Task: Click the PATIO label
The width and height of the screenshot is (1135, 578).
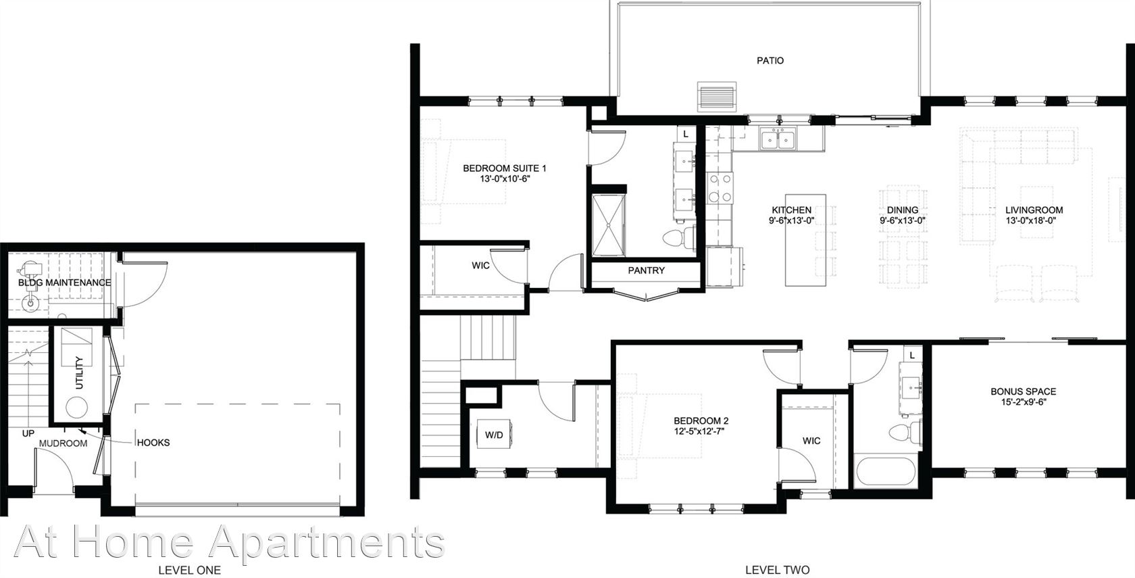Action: tap(770, 61)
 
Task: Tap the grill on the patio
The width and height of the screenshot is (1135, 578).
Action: tap(716, 96)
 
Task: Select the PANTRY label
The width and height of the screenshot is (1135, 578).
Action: tap(646, 270)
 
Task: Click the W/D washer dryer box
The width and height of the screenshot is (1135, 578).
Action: tap(494, 435)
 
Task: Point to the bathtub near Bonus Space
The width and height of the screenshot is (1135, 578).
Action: tap(886, 473)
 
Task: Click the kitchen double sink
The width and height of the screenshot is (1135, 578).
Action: tap(778, 139)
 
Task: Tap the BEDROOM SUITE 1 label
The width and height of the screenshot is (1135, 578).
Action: tap(505, 168)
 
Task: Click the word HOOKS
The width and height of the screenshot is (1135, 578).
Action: tap(153, 443)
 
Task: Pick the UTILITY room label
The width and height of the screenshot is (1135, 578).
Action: tap(79, 372)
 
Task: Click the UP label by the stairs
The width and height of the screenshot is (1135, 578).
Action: tap(28, 433)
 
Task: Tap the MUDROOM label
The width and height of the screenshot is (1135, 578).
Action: tap(63, 443)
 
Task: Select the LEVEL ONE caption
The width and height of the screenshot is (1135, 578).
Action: tap(189, 571)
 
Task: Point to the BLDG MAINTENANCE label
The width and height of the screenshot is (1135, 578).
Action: tap(64, 283)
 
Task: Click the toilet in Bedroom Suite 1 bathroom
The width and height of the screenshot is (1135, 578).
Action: tap(679, 237)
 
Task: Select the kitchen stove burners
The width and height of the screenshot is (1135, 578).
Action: tap(720, 188)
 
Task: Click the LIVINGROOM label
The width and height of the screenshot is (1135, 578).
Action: tap(1034, 210)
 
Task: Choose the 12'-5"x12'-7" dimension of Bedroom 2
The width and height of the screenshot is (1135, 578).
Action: tap(701, 431)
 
